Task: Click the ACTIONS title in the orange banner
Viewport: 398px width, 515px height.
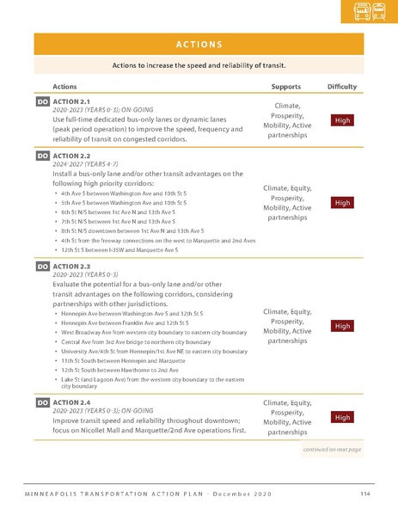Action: (x=199, y=45)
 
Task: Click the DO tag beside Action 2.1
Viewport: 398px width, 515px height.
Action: (x=42, y=102)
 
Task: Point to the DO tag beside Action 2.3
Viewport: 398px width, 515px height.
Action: (x=42, y=267)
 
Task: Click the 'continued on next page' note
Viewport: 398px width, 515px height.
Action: (x=332, y=449)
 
